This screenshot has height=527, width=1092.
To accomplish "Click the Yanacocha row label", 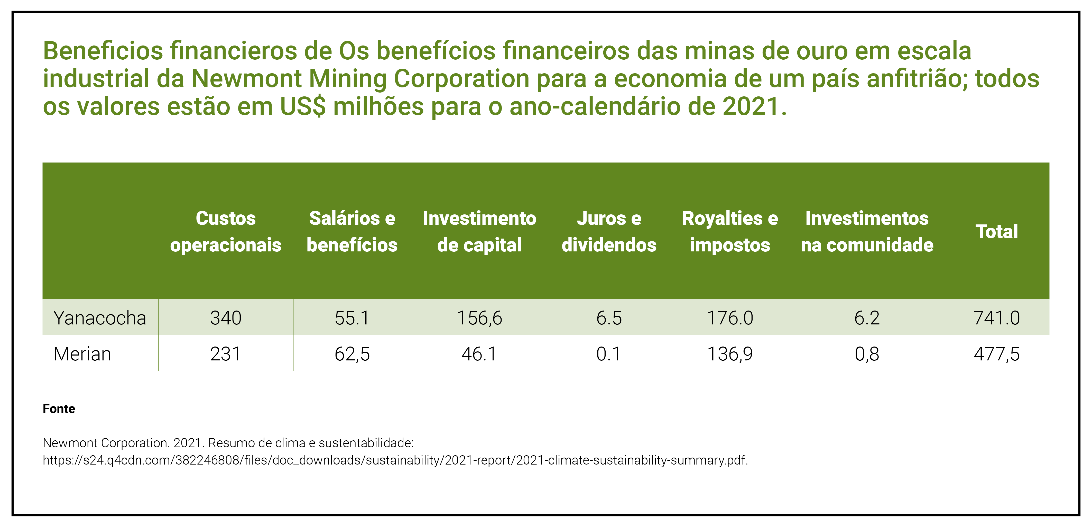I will [100, 318].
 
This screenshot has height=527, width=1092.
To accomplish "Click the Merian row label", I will [82, 354].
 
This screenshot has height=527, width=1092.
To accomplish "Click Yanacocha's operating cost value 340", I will [226, 318].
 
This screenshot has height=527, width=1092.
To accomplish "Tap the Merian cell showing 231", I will [226, 354].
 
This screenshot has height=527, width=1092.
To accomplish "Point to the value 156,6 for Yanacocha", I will [479, 318].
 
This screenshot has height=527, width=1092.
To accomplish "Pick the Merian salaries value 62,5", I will [352, 354].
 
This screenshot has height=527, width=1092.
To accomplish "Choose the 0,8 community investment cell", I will [867, 354].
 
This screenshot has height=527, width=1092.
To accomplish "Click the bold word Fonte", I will [59, 409].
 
